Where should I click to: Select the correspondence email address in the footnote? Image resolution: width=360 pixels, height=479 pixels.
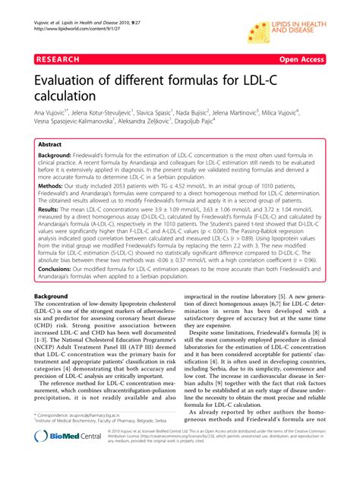[x=109, y=437]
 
